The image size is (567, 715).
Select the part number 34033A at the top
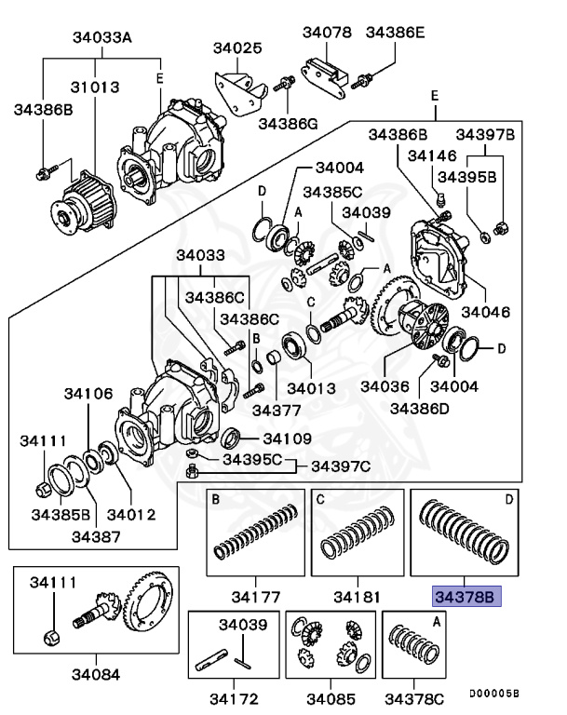pos(102,38)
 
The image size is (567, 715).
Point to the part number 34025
pos(237,47)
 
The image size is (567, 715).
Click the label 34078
pos(327,33)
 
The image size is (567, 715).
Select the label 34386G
pos(288,122)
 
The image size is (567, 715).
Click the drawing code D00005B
pos(493,694)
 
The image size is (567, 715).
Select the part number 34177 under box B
pos(255,593)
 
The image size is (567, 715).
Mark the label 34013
pos(312,386)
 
